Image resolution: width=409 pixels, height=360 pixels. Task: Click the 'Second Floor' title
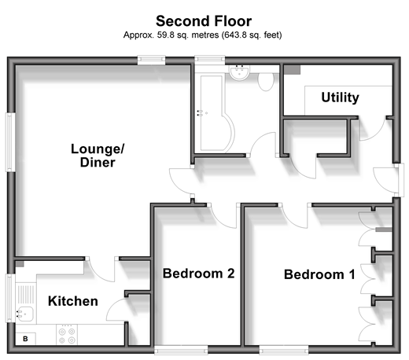204,21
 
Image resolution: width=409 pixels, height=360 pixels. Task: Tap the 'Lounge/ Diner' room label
98,156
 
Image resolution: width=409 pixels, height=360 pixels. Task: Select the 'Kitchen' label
73,301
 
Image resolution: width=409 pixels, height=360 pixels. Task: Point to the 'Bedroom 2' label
198,274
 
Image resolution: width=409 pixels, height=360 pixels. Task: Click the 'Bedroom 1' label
319,274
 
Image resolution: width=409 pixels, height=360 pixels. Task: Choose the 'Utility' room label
340,97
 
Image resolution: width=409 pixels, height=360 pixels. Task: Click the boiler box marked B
25,339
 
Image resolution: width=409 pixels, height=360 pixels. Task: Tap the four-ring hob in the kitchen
67,335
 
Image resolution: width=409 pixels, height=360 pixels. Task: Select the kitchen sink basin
26,314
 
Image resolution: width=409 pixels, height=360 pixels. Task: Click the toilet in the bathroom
266,81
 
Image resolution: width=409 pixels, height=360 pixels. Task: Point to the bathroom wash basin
239,72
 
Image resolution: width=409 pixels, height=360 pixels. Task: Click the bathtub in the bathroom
216,113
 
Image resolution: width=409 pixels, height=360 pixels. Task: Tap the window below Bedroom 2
181,350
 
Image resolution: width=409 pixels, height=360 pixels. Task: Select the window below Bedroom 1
284,350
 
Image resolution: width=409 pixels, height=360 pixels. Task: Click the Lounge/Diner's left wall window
10,142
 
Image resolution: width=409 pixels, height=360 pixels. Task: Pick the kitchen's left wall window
10,298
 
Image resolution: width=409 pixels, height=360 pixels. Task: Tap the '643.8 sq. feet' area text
251,35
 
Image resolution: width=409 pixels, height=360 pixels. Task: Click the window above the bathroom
210,60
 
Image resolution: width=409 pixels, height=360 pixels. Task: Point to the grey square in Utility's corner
293,70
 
